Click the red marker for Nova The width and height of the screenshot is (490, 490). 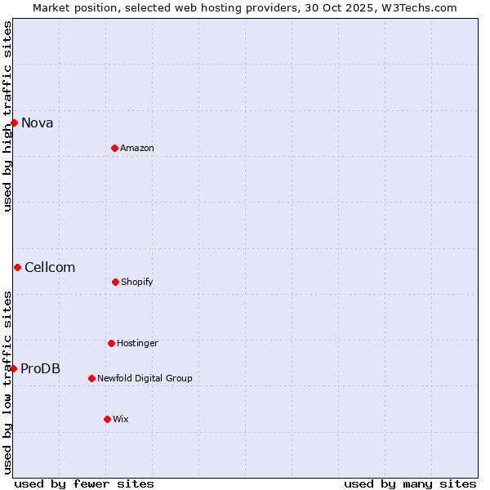14,122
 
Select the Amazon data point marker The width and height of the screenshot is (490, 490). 114,148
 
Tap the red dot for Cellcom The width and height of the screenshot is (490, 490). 17,267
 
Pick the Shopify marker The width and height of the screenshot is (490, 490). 115,282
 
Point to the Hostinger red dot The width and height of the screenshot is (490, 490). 111,343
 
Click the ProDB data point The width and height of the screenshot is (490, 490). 13,368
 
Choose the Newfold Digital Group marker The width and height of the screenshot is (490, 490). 91,378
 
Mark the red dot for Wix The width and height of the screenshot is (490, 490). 107,419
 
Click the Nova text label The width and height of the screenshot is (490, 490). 38,123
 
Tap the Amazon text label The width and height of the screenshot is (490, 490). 137,149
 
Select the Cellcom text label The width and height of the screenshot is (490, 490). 50,268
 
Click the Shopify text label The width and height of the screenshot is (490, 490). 137,283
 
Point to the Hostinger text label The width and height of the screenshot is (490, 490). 137,344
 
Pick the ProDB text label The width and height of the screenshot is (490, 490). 41,369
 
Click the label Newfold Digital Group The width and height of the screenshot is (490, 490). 145,379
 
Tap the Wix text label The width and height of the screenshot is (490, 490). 121,420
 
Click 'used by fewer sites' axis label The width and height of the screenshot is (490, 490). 84,483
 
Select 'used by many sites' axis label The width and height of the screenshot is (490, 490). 410,483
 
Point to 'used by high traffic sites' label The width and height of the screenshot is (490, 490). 7,116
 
